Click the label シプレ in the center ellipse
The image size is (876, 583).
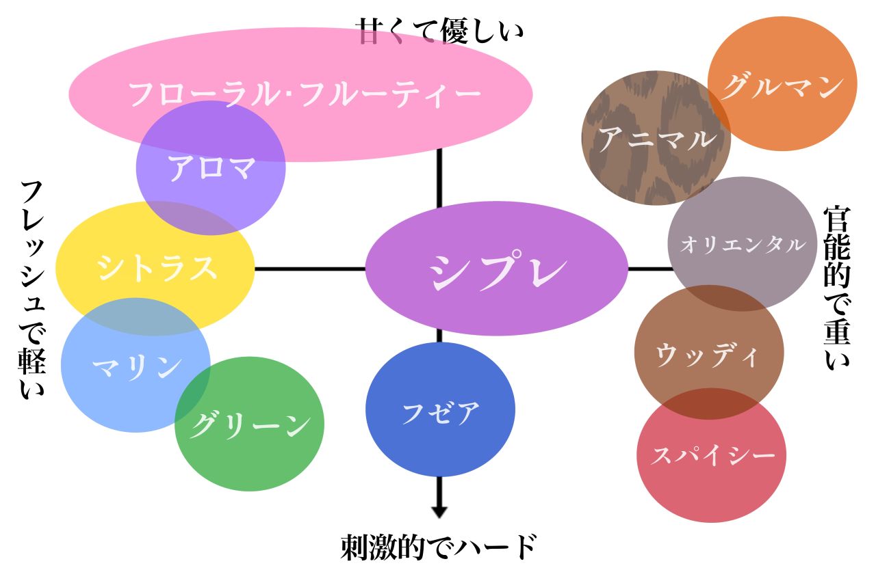(498, 270)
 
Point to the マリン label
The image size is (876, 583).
(136, 367)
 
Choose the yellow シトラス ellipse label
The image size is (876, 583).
(157, 268)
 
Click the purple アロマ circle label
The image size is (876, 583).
(211, 168)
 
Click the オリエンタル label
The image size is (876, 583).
(742, 245)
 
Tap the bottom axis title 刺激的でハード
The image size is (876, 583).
(439, 547)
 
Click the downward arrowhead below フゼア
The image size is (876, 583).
(439, 511)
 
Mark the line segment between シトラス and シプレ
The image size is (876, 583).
(310, 269)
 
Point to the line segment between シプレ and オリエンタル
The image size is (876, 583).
(649, 269)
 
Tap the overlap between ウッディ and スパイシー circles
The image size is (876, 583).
(710, 404)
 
